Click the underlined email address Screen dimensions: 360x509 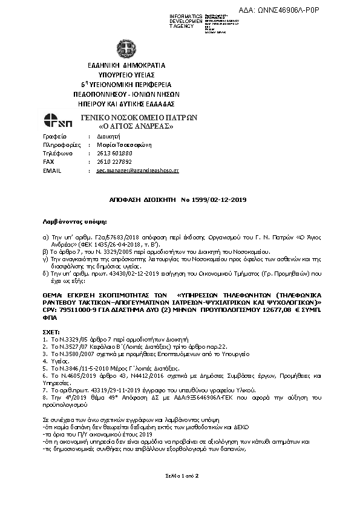point(137,171)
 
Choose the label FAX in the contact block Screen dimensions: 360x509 point(49,162)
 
